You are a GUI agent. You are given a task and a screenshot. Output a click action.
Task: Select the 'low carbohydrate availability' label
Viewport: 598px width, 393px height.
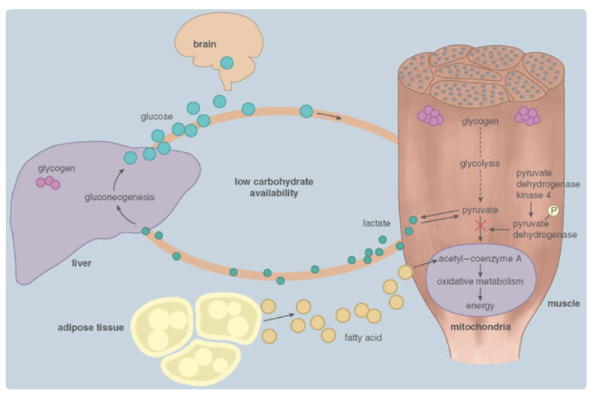(274, 188)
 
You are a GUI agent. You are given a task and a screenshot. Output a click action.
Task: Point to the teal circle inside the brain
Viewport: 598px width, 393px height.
(227, 63)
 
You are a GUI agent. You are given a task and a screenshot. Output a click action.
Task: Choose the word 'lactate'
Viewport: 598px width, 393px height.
(377, 223)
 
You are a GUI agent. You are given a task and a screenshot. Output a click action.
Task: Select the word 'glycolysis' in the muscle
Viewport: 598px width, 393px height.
(480, 162)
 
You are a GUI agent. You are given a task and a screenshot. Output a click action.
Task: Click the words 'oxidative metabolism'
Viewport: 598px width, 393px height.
(480, 281)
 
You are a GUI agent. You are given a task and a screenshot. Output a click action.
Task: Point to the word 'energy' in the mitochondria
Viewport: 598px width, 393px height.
(480, 306)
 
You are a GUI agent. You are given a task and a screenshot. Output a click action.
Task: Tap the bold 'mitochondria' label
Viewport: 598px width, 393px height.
(480, 327)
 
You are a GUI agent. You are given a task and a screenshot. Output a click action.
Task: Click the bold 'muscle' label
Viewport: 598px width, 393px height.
(564, 304)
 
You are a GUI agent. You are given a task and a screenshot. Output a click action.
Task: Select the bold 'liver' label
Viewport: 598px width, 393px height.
(82, 263)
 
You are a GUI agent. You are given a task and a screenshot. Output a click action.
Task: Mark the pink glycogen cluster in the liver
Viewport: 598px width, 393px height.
(48, 183)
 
